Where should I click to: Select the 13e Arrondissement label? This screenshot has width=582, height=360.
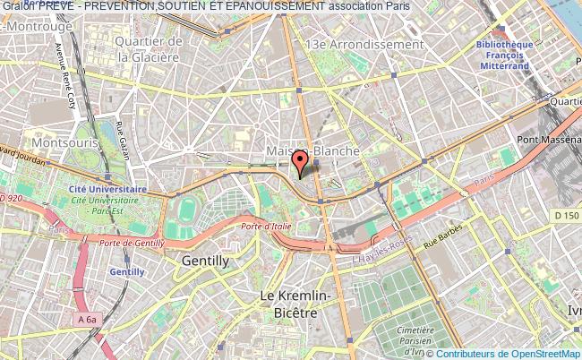click(x=364, y=44)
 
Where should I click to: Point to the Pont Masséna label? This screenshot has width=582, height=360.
click(x=550, y=139)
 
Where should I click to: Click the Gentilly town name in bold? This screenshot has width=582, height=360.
click(x=205, y=261)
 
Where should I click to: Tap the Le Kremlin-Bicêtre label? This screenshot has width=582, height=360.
click(x=296, y=303)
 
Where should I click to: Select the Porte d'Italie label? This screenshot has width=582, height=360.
click(x=265, y=227)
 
